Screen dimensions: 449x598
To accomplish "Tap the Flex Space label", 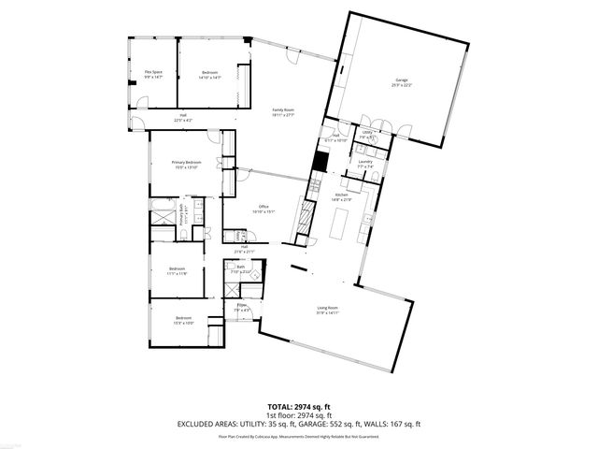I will click(x=153, y=74).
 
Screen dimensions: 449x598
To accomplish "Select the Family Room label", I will click(x=283, y=112).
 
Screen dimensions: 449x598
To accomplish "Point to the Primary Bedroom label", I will click(x=185, y=166).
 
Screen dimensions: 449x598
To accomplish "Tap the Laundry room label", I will click(x=364, y=164).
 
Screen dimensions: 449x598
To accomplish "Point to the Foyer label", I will click(x=241, y=308).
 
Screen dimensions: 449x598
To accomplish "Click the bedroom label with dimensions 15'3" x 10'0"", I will click(x=183, y=320).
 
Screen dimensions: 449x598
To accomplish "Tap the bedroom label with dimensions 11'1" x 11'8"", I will click(x=178, y=271).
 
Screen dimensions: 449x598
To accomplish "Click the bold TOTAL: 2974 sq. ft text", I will click(x=299, y=407).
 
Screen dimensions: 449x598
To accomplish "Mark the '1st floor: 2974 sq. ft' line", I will click(x=299, y=415).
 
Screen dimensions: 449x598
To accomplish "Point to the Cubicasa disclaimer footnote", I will click(x=299, y=436).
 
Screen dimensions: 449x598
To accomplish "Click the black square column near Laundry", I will click(x=319, y=160).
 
